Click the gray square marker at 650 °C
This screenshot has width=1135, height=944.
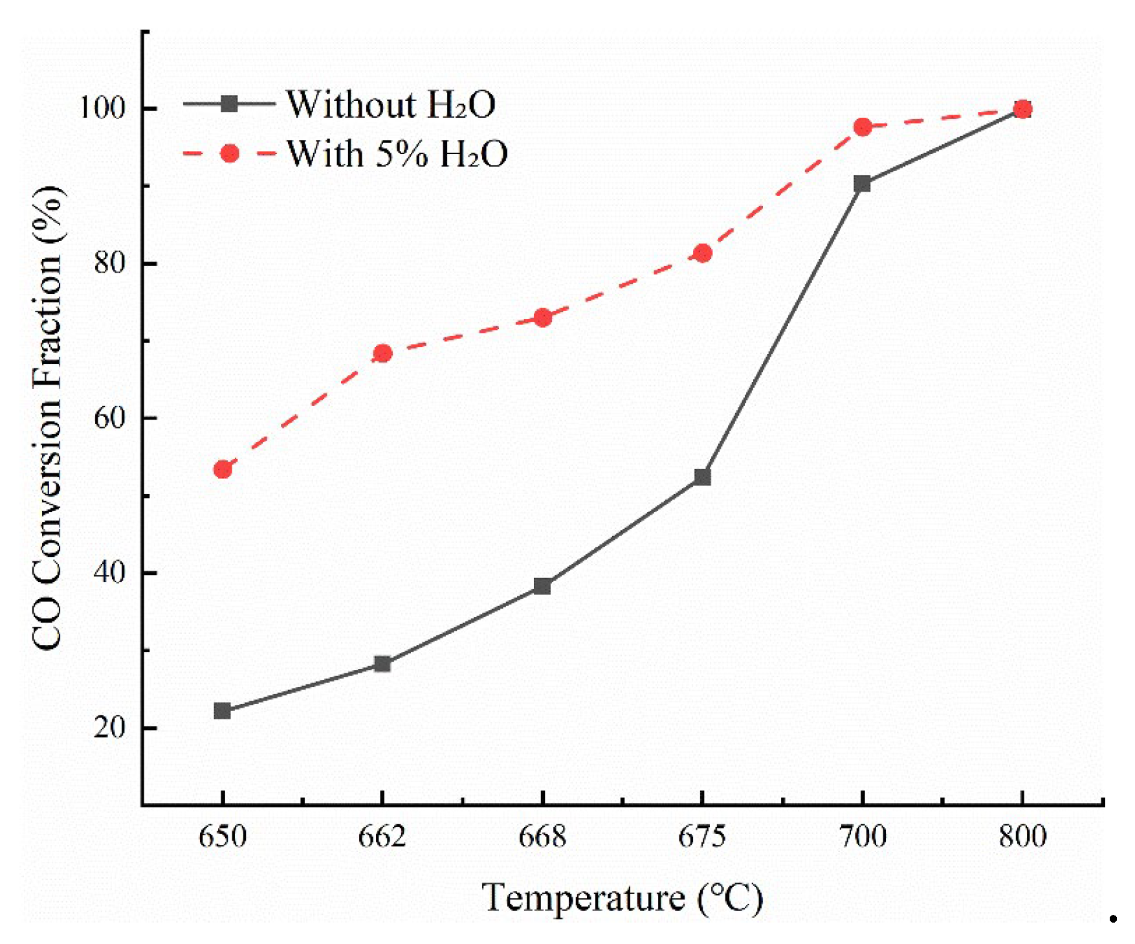click(222, 711)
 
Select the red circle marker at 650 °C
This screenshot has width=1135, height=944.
click(223, 469)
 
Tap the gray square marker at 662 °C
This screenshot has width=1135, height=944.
click(382, 664)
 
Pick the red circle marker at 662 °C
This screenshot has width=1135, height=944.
click(382, 354)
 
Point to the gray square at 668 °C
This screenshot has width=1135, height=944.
click(542, 587)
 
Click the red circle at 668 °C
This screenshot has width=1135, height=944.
click(542, 318)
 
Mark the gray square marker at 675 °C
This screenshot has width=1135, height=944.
click(702, 477)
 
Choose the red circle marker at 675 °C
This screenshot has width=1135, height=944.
click(703, 253)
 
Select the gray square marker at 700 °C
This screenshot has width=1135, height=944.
click(862, 184)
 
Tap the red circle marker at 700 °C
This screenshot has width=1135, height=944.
click(863, 127)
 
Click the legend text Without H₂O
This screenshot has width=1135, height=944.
click(391, 104)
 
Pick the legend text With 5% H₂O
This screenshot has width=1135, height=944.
click(397, 154)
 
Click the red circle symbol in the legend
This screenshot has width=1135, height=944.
click(229, 153)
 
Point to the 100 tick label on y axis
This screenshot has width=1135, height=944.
click(101, 107)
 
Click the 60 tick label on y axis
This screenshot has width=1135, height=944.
click(109, 418)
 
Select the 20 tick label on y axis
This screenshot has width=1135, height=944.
click(109, 728)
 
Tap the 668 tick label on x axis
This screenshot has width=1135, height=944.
click(542, 837)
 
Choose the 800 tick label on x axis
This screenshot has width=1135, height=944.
click(1022, 837)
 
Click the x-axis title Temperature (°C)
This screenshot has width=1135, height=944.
click(622, 899)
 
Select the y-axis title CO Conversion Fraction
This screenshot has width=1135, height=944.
click(47, 418)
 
